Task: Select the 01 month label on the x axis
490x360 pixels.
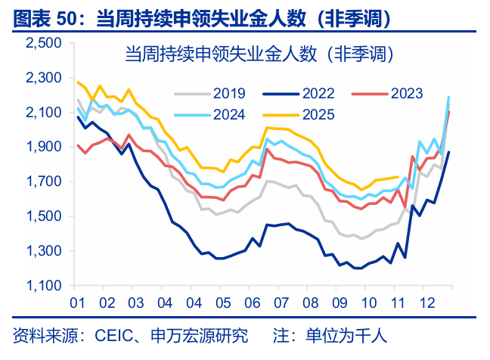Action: coord(76,303)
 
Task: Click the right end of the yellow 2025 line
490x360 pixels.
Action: coord(399,177)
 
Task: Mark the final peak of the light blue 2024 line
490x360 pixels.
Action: coord(449,97)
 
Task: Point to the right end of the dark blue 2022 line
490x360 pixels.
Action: coord(449,152)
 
